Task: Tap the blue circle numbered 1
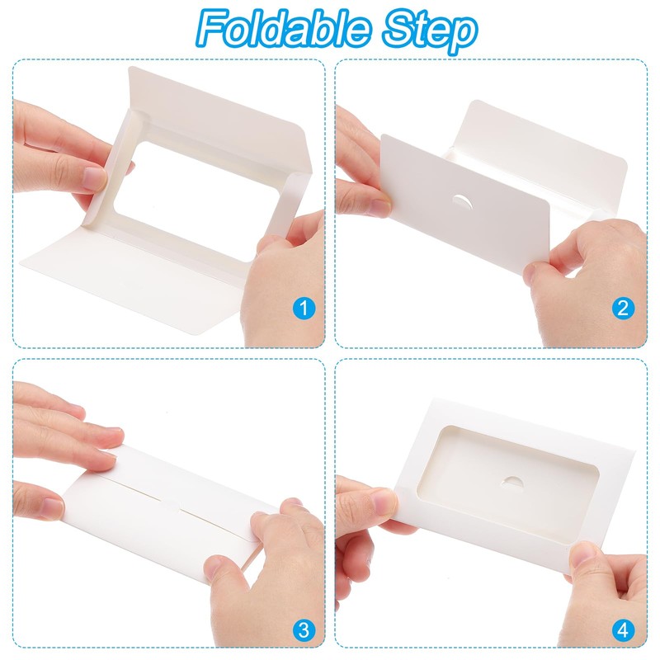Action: click(305, 309)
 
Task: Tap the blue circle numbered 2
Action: click(624, 309)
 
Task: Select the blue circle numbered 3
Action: click(305, 631)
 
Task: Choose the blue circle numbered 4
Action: click(624, 631)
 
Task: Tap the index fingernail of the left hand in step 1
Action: click(95, 177)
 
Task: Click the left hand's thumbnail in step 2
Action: click(379, 206)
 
